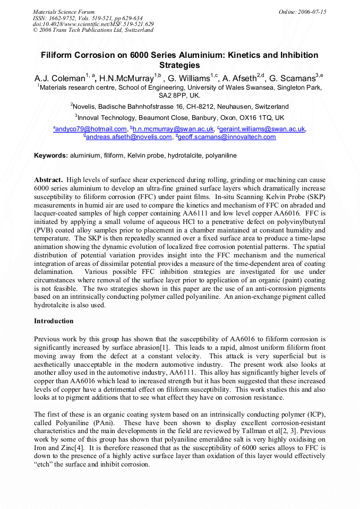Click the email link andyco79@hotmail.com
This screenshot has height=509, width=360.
[x=91, y=129]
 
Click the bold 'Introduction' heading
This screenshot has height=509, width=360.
[x=54, y=321]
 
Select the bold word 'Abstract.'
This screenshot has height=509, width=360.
[x=49, y=180]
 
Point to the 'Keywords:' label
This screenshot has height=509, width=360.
[x=51, y=156]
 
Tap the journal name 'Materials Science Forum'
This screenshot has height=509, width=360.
[x=64, y=12]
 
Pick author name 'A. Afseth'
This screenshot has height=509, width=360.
[x=238, y=79]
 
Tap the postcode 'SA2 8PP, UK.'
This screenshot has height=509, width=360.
[x=179, y=96]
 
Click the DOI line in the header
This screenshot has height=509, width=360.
[x=93, y=24]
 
